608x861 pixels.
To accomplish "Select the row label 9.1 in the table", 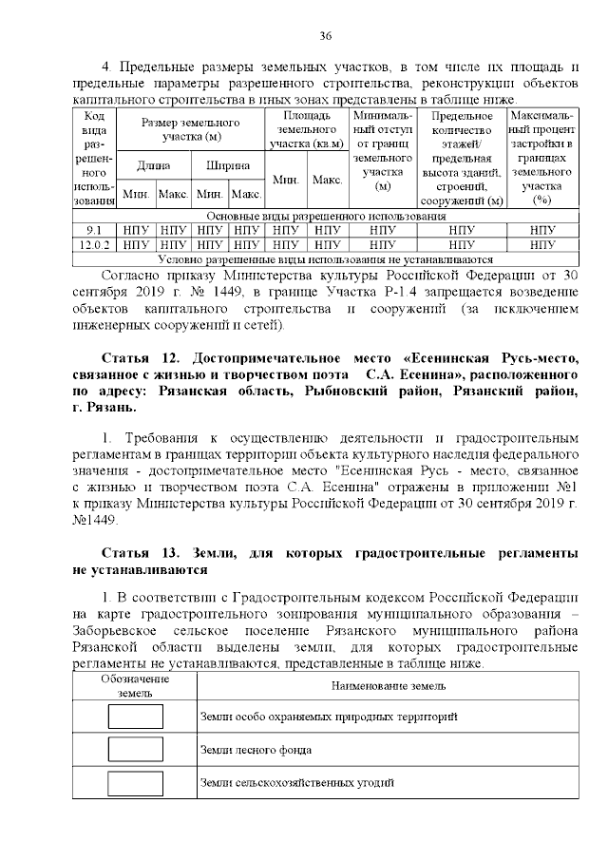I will coord(94,230).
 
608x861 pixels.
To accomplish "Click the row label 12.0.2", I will coord(94,244).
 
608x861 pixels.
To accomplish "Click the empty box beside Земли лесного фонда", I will coord(135,750).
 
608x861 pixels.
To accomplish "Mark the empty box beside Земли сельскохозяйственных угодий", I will coord(135,783).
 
